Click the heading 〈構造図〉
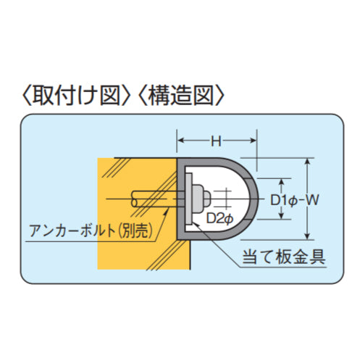181,95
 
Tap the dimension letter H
216,141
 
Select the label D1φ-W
295,200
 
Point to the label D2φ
219,218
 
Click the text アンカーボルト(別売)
91,231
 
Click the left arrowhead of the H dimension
180,141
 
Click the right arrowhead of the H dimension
253,141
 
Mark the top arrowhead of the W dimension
307,162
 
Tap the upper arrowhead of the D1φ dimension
281,183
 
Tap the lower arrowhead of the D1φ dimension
281,216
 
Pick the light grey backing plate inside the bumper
188,199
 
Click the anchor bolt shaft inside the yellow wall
154,199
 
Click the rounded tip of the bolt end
207,199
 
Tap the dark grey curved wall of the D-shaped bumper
254,199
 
